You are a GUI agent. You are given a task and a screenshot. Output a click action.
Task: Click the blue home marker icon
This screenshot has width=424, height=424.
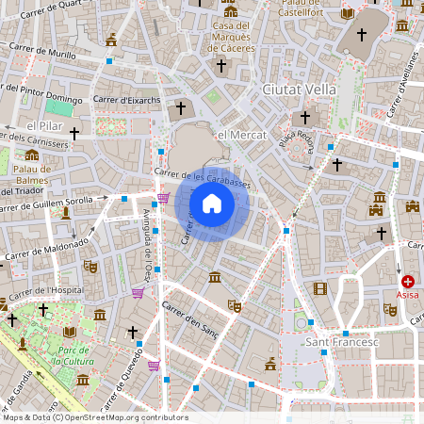(x=212, y=203)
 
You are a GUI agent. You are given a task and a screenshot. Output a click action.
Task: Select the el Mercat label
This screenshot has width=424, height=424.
(x=237, y=136)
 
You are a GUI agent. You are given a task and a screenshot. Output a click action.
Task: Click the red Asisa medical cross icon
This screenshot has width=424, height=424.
(x=408, y=281)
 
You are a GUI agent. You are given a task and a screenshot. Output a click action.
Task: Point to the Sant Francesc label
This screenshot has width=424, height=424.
(x=341, y=342)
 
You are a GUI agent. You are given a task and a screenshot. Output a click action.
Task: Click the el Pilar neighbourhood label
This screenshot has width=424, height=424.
(x=44, y=125)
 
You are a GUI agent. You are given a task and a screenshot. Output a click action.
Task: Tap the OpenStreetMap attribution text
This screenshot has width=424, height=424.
(x=94, y=417)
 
